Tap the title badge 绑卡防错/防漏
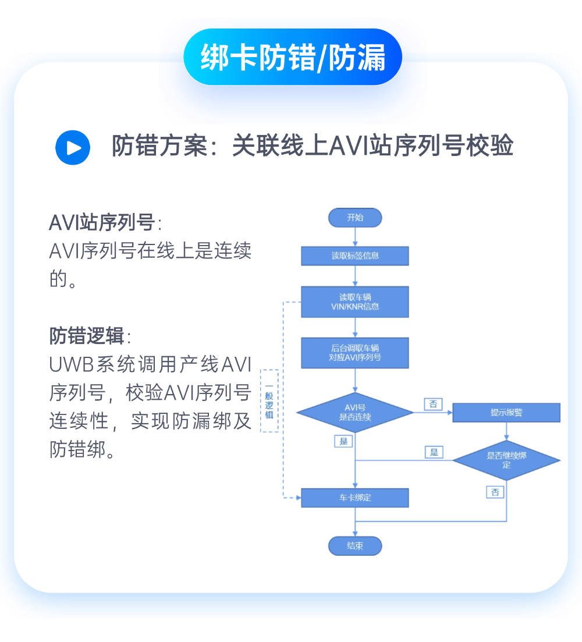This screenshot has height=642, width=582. coord(293,58)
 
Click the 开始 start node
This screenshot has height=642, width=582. coord(355,218)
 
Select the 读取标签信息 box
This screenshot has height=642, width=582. coord(355,256)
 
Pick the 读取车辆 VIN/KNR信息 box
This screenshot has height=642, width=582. coord(355,302)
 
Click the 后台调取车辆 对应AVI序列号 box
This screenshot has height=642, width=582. coord(355,353)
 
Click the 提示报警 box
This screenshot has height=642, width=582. coord(506,413)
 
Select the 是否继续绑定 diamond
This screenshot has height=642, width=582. coord(506,460)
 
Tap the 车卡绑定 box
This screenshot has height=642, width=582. coord(355,498)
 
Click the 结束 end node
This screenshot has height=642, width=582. coord(355,546)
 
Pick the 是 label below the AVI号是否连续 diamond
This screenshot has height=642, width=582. coord(343,441)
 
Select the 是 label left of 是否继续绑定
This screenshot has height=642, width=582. coord(434,452)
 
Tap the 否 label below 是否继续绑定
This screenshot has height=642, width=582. coord(495,492)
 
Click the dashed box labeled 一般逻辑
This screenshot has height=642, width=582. coord(269,401)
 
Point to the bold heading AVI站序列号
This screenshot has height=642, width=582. coord(102,223)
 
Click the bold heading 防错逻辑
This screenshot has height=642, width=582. coord(87,336)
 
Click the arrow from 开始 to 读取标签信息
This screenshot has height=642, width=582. coord(355,237)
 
